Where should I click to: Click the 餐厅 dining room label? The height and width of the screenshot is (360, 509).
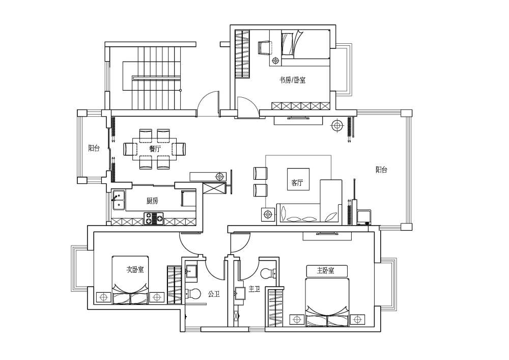point(155,149)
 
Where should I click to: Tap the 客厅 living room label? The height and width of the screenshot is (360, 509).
point(297,183)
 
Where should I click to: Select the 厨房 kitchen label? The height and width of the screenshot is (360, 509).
point(152,201)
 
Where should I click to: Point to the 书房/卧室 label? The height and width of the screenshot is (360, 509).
point(293,80)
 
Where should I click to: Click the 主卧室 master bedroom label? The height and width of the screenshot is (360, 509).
point(326,270)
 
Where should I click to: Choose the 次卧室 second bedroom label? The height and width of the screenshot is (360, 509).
point(135,269)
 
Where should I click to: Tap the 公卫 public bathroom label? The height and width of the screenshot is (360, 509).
point(214,294)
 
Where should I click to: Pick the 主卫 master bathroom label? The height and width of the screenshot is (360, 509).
point(254,289)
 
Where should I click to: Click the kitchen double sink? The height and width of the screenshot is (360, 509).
point(119,200)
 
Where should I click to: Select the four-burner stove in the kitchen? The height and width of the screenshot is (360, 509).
point(154,218)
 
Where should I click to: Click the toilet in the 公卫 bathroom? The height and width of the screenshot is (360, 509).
point(193,294)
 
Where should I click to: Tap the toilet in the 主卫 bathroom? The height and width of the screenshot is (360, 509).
point(268,273)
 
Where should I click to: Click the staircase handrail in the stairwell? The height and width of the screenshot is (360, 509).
point(156,78)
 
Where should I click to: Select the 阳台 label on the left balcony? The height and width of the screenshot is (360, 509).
point(94,148)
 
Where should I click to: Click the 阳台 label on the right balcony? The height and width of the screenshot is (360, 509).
point(381,170)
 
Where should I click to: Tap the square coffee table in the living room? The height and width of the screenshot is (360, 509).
point(298,179)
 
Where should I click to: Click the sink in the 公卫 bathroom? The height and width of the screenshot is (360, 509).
point(192,271)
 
